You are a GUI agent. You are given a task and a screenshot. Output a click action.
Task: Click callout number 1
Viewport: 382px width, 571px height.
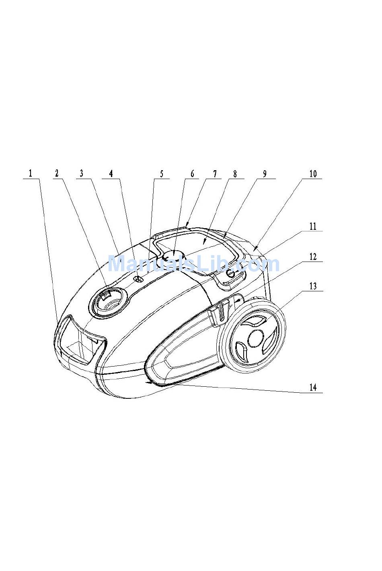tap(30, 173)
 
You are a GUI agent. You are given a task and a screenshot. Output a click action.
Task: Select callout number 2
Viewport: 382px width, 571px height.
tap(57, 173)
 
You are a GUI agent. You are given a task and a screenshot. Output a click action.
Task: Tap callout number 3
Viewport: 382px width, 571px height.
tap(81, 173)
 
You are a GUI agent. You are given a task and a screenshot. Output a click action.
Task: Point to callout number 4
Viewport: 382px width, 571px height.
tap(111, 173)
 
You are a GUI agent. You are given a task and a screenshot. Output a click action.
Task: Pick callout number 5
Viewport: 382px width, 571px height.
tap(162, 174)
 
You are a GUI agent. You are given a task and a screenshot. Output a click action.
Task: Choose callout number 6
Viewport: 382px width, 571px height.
tap(192, 173)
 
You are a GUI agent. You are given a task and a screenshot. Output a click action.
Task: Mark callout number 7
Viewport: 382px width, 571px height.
tap(215, 173)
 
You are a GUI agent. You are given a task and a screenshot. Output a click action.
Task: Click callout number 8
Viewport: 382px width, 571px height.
tap(235, 173)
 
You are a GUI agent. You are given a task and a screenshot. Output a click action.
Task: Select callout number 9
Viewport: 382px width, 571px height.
tap(265, 173)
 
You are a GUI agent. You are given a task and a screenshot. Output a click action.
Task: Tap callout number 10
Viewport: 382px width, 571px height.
tap(313, 173)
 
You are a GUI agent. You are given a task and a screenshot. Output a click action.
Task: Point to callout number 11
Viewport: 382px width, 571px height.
tap(313, 226)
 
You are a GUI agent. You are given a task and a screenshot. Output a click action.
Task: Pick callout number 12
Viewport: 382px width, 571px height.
tap(313, 256)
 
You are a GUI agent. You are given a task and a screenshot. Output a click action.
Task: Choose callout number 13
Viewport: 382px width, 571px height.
tap(313, 286)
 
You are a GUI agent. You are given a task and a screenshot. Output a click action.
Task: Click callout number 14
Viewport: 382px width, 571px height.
tap(313, 387)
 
